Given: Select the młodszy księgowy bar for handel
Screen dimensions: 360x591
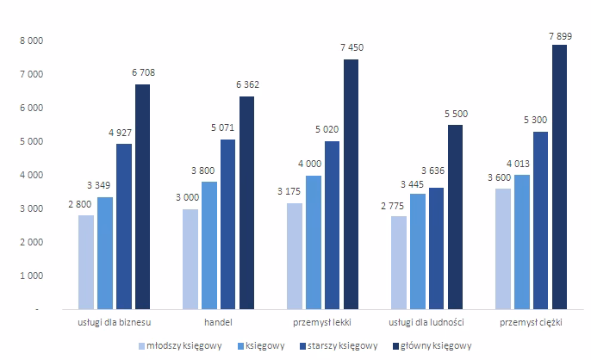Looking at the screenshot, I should (x=191, y=258).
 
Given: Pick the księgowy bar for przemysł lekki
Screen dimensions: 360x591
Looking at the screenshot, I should (x=314, y=241).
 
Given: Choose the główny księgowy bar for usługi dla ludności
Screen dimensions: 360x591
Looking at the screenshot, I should (x=455, y=216).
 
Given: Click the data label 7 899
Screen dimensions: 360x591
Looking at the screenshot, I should (x=558, y=34).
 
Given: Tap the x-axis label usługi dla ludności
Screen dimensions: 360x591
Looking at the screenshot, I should (x=427, y=322).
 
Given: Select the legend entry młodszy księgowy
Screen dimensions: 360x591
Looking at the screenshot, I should (x=184, y=345).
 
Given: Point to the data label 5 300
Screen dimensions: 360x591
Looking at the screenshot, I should (x=539, y=121).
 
